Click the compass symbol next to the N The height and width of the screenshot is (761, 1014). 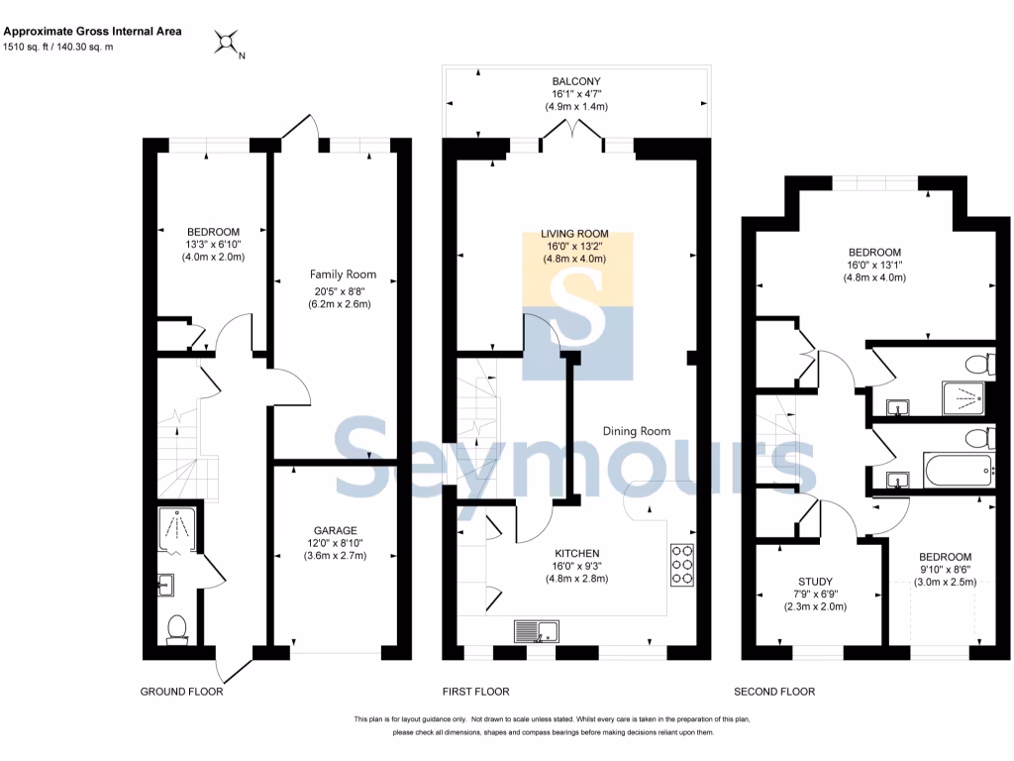click(x=227, y=42)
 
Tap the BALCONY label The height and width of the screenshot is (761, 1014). click(x=576, y=81)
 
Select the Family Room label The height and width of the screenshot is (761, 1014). click(x=343, y=274)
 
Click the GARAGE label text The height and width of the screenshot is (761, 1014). click(x=335, y=531)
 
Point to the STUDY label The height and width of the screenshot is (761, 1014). click(x=816, y=582)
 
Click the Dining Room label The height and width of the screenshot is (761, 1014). click(x=637, y=431)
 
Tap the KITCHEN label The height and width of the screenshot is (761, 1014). click(x=577, y=553)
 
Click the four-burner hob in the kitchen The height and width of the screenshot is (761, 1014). click(x=682, y=565)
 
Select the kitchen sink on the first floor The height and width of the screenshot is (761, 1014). click(x=537, y=631)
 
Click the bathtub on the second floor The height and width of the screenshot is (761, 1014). click(x=959, y=471)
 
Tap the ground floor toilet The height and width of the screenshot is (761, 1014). click(x=176, y=630)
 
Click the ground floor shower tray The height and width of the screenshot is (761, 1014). click(x=176, y=530)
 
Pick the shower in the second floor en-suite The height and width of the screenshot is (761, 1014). click(x=963, y=398)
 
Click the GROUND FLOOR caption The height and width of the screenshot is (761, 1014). click(x=182, y=692)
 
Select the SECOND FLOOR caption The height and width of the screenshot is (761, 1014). click(x=774, y=692)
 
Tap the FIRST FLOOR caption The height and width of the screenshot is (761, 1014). click(x=476, y=692)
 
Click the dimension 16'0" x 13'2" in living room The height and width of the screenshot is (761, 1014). click(x=574, y=246)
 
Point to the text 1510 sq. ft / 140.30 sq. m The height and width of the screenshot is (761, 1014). click(x=58, y=47)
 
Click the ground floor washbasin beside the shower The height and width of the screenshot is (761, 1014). click(x=165, y=585)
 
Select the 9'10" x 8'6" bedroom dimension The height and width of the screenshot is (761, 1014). click(x=945, y=570)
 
